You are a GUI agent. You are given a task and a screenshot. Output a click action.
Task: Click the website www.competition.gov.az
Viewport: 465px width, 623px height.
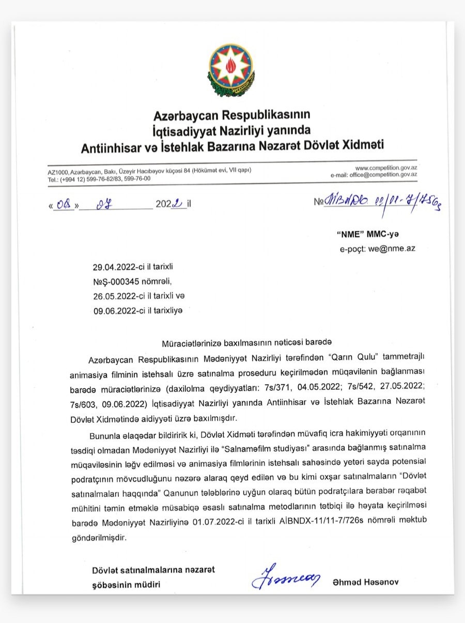coord(386,168)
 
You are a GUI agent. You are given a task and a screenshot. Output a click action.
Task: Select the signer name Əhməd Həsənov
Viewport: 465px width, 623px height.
coord(366,583)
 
